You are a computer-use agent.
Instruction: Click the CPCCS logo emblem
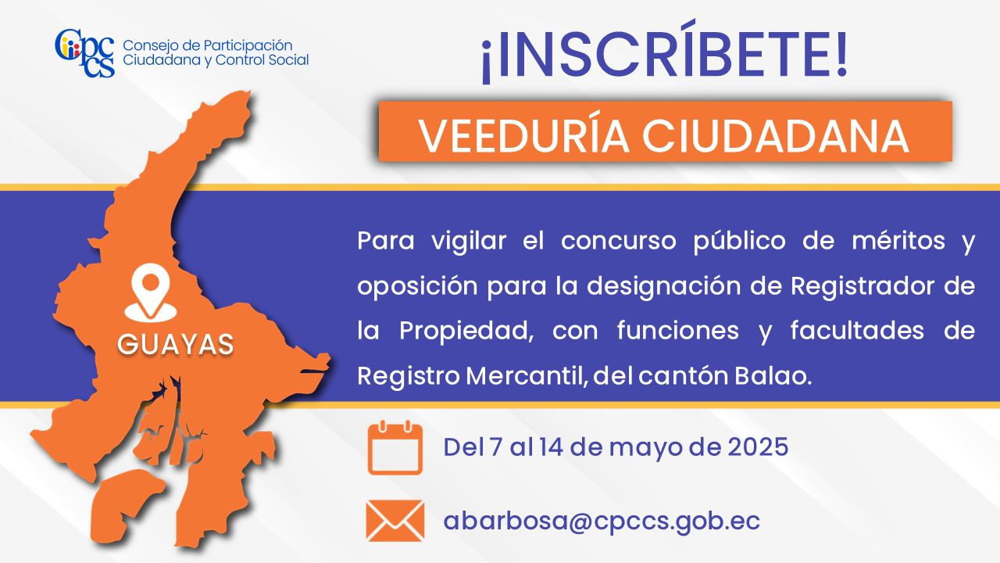[x=85, y=52]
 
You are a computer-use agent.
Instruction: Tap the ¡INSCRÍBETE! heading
[x=664, y=52]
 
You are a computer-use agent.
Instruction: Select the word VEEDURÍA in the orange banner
[x=523, y=136]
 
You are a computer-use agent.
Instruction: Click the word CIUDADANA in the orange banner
[x=776, y=136]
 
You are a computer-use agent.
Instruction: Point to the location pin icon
[x=151, y=292]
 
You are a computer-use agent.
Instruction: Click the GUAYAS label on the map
[x=176, y=344]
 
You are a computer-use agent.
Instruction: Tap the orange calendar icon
[x=395, y=447]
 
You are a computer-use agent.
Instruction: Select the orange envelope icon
[x=395, y=521]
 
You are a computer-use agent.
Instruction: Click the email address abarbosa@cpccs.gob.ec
[x=602, y=521]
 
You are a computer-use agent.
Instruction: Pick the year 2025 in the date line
[x=758, y=446]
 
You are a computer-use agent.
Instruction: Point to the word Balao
[x=773, y=376]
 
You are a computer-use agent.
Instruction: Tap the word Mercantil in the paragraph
[x=525, y=376]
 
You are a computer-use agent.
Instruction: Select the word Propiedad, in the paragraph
[x=466, y=332]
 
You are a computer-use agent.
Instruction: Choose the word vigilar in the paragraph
[x=469, y=242]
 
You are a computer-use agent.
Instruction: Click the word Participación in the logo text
[x=248, y=46]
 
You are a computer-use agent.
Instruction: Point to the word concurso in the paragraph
[x=619, y=242]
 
